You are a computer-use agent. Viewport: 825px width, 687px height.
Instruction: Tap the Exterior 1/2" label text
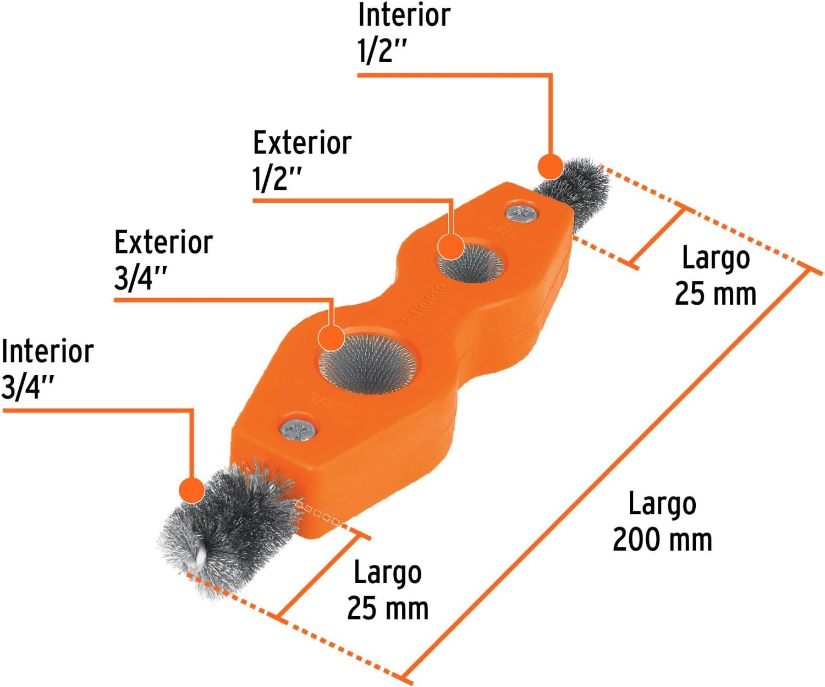pyautogui.click(x=302, y=161)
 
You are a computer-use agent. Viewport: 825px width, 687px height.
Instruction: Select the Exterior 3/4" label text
pyautogui.click(x=163, y=260)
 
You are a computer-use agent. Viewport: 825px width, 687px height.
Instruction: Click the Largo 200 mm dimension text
pyautogui.click(x=662, y=521)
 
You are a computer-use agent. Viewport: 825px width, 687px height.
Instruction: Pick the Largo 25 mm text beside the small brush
pyautogui.click(x=716, y=276)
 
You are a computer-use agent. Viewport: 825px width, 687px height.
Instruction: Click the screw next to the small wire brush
pyautogui.click(x=521, y=215)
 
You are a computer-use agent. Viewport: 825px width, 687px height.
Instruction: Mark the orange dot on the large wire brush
pyautogui.click(x=191, y=490)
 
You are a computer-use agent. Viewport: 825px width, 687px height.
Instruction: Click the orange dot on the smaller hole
pyautogui.click(x=450, y=246)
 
